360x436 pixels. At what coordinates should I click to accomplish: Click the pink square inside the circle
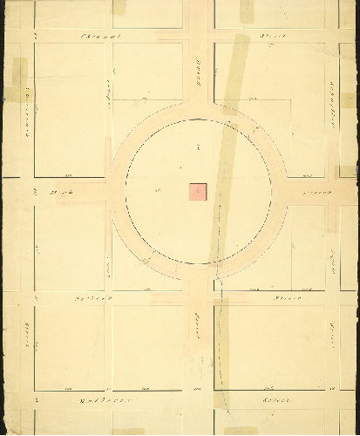[198, 192]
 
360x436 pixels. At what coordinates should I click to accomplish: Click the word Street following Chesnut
[268, 36]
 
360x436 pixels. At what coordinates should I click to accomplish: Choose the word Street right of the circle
[313, 191]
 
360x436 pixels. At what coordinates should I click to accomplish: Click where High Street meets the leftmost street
[26, 191]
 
